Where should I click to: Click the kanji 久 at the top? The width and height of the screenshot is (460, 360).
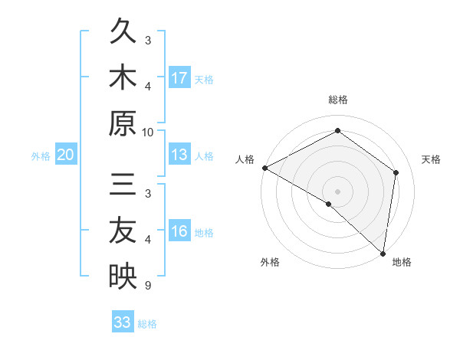click(x=123, y=33)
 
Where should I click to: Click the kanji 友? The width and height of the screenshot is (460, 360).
click(x=123, y=230)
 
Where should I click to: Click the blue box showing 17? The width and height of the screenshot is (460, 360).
click(x=179, y=77)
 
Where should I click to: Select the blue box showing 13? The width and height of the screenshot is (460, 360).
click(x=179, y=155)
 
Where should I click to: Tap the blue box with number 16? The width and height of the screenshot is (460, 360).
click(x=179, y=231)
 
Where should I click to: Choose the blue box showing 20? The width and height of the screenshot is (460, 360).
click(x=66, y=155)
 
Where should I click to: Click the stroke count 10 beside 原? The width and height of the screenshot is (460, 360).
click(x=148, y=132)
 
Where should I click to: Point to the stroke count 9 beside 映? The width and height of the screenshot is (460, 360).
click(x=147, y=286)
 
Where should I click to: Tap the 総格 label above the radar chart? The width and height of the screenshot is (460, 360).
click(x=337, y=100)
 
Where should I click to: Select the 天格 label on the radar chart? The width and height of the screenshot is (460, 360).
click(x=431, y=159)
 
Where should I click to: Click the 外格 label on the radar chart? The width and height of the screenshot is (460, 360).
click(x=270, y=262)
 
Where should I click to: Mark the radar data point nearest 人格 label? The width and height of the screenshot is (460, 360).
click(x=264, y=168)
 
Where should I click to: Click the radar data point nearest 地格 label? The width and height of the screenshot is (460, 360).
click(x=383, y=253)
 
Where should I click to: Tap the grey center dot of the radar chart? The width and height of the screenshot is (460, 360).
click(x=337, y=191)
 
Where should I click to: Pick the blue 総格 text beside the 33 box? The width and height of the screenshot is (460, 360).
click(x=148, y=324)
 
